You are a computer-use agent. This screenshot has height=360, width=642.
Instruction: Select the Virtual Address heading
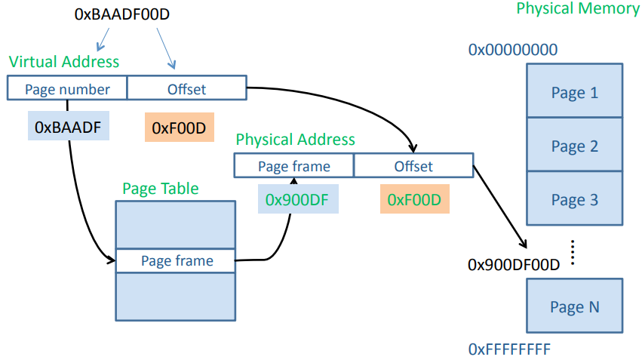pos(64,61)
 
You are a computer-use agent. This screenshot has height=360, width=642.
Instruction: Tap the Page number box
pos(67,88)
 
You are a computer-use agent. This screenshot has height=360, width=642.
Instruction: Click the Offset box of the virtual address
pos(186,88)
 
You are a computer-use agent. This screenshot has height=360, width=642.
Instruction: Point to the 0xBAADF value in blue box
pos(68,127)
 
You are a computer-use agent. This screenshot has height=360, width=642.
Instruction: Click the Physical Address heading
pos(295,140)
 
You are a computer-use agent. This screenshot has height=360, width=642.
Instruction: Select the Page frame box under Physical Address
pos(293,166)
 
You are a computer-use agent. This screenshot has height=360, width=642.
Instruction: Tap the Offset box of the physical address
pos(413,166)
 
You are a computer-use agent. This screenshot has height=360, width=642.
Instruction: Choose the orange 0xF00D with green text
pos(414,200)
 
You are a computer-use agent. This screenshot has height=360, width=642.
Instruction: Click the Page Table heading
pos(161,188)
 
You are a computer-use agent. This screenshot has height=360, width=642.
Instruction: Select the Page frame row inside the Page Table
pos(176,260)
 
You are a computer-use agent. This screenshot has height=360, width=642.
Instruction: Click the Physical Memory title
pos(576,9)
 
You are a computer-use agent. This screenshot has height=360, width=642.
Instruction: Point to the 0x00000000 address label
pos(513,50)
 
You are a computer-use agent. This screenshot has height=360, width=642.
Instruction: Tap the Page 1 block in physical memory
pos(574,92)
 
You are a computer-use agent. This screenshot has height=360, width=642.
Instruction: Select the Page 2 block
pos(574,146)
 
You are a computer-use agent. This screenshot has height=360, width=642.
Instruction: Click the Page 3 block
pos(574,199)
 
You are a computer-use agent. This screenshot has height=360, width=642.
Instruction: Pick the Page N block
pos(574,306)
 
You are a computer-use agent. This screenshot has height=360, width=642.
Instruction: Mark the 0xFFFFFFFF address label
pos(509,349)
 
